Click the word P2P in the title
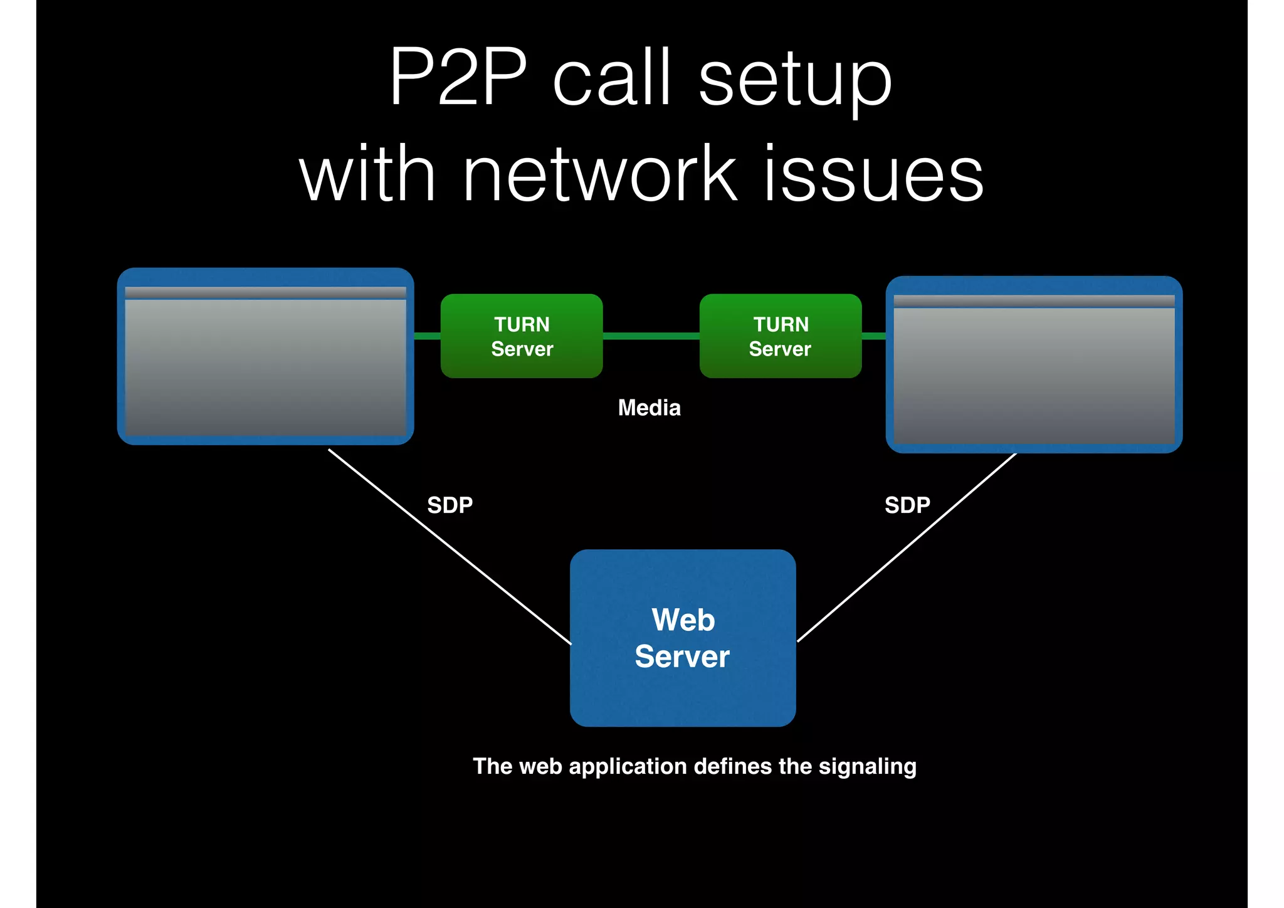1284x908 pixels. (458, 78)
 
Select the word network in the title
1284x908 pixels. (599, 172)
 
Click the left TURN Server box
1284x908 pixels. (522, 336)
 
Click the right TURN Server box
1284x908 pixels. (781, 336)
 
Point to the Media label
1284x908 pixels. (649, 408)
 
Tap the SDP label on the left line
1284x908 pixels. (450, 505)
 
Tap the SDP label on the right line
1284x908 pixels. (907, 505)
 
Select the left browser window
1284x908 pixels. (265, 370)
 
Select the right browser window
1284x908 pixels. (1034, 376)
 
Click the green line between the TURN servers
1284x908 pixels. (651, 336)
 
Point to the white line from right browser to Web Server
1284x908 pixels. (906, 547)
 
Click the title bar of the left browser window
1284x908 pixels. (265, 293)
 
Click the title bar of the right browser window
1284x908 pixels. (1034, 301)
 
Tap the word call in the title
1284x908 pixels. (613, 78)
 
